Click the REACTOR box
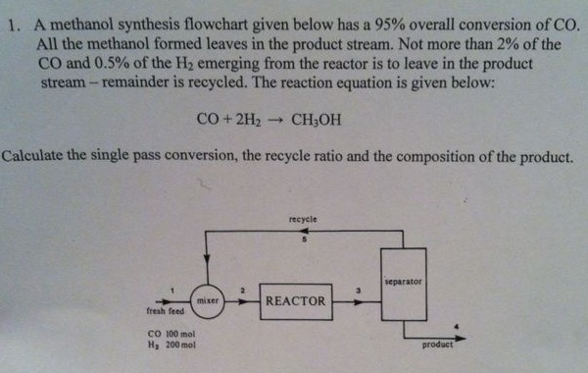[295, 300]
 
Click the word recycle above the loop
[303, 219]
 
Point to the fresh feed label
[166, 312]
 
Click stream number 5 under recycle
[304, 240]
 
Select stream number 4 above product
[451, 323]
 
